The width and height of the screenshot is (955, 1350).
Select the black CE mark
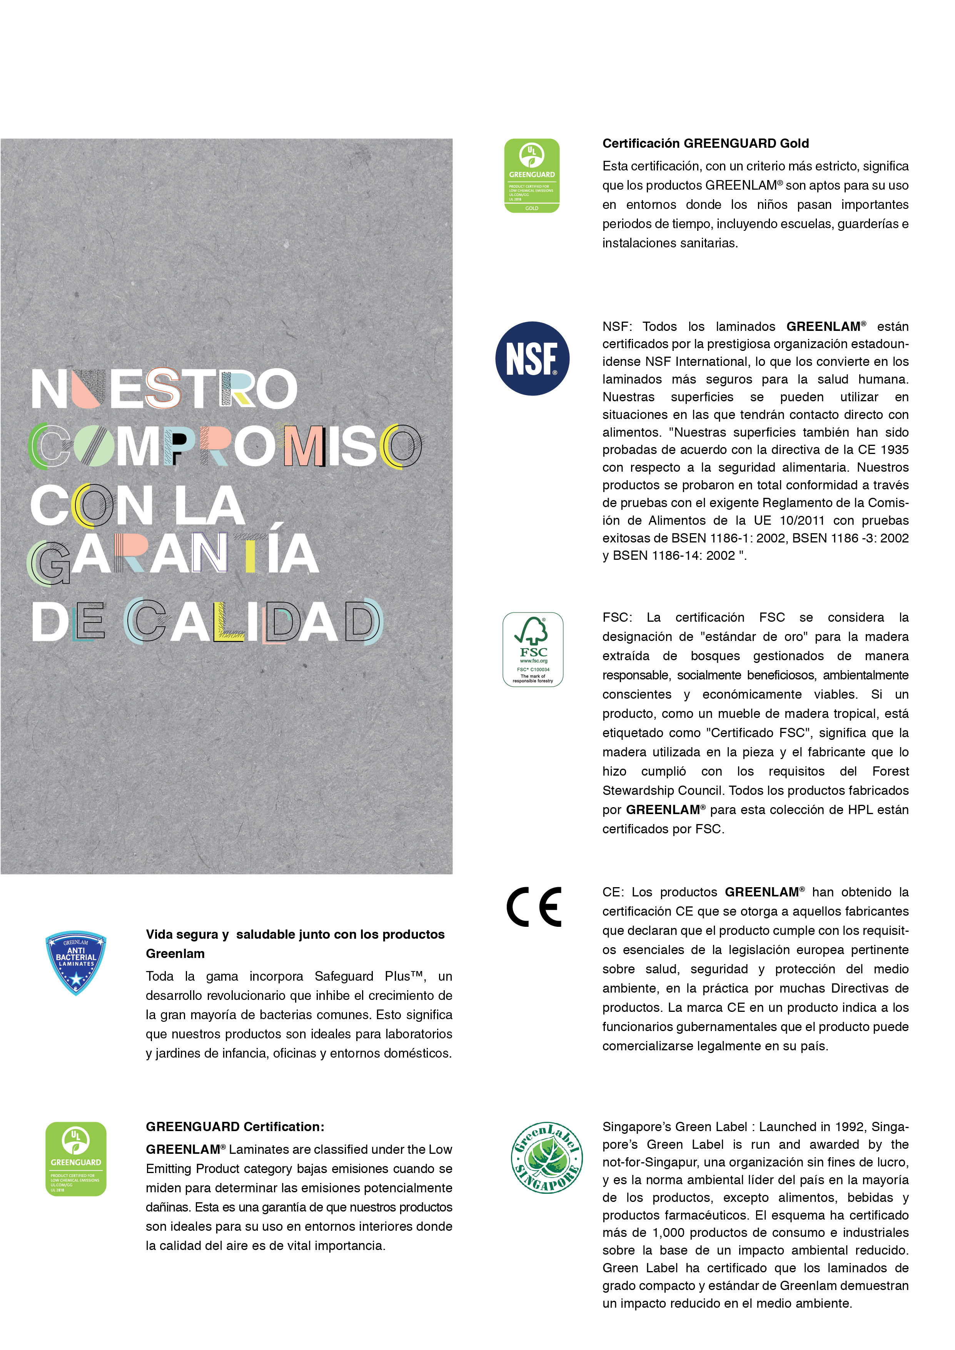tap(534, 907)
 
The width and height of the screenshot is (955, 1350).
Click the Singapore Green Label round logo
tap(546, 1158)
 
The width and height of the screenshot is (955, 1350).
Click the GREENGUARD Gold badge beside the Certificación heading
tap(532, 175)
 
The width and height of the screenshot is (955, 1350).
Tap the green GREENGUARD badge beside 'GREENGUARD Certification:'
tap(76, 1159)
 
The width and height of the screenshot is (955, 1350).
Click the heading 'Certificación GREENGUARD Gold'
tap(705, 144)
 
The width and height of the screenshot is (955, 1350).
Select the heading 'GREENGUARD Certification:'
tap(235, 1126)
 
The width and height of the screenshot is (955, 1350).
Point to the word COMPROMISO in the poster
tap(225, 446)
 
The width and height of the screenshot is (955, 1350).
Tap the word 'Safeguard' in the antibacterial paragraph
tap(344, 976)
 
